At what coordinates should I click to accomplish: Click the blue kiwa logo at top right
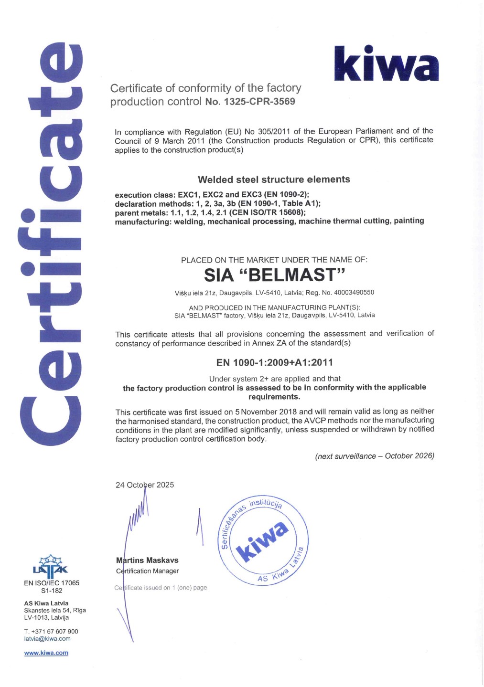tap(386, 64)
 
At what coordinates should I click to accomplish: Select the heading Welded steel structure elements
tap(274, 180)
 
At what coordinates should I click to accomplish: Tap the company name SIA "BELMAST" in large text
tap(274, 275)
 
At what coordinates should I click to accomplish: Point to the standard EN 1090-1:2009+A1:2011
tap(274, 362)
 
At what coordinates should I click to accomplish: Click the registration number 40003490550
tap(354, 292)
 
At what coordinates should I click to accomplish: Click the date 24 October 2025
tap(145, 485)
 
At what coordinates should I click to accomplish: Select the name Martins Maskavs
tap(148, 560)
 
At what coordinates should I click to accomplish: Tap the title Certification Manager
tap(148, 571)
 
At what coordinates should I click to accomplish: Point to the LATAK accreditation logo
tap(50, 565)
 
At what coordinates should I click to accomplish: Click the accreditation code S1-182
tap(52, 591)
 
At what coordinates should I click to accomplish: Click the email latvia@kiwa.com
tap(47, 639)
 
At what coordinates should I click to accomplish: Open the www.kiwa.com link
tap(46, 653)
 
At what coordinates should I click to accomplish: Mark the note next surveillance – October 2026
tap(375, 456)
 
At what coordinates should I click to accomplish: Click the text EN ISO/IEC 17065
tap(52, 583)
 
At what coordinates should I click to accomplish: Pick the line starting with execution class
tap(212, 195)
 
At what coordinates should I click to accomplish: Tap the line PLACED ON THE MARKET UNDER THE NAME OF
tap(274, 260)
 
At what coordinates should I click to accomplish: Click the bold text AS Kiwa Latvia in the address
tap(46, 603)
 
